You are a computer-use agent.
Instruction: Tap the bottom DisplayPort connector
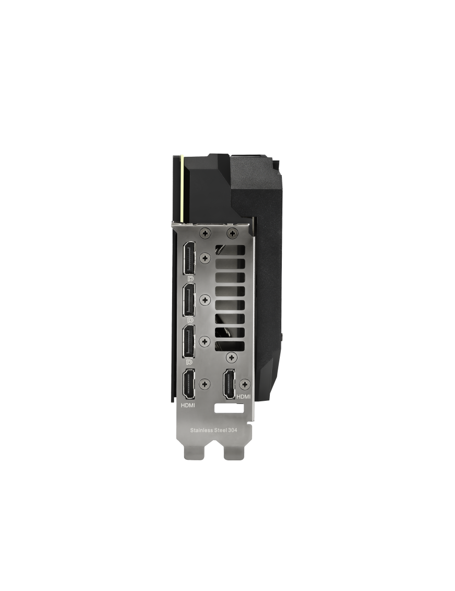189,341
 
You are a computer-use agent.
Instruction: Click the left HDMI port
189,384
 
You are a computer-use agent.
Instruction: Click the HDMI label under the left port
188,405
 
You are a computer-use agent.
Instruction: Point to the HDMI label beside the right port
243,397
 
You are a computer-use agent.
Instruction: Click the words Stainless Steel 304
213,430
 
